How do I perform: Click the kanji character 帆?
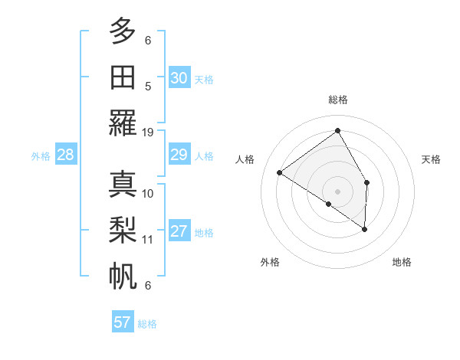pyautogui.click(x=123, y=275)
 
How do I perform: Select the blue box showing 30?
pyautogui.click(x=179, y=78)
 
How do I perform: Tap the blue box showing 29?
pyautogui.click(x=179, y=155)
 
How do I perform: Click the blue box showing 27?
pyautogui.click(x=179, y=232)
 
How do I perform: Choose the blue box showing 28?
pyautogui.click(x=65, y=155)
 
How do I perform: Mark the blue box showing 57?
pyautogui.click(x=123, y=322)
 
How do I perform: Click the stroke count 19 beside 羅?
pyautogui.click(x=148, y=133)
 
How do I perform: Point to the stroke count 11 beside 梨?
pyautogui.click(x=148, y=240)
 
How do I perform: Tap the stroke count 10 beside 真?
pyautogui.click(x=148, y=193)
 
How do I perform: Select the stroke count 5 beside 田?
pyautogui.click(x=148, y=86)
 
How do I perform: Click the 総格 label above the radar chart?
pyautogui.click(x=338, y=100)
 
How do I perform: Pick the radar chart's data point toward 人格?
pyautogui.click(x=280, y=172)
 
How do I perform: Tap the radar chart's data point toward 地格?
pyautogui.click(x=365, y=229)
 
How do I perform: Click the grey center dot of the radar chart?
pyautogui.click(x=338, y=191)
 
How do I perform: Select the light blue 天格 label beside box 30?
pyautogui.click(x=204, y=80)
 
